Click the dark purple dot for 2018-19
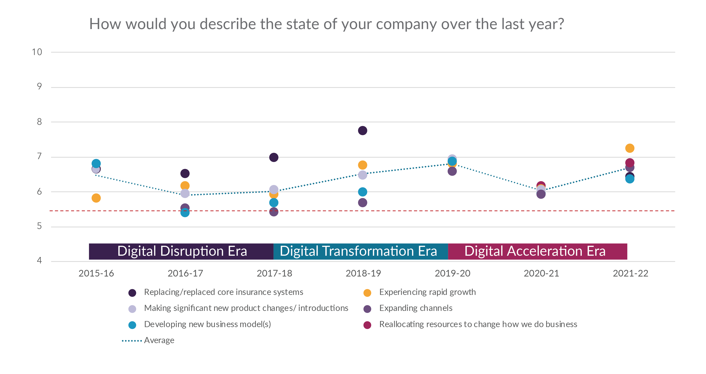tap(362, 131)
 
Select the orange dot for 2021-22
tap(630, 148)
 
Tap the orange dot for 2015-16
tap(96, 198)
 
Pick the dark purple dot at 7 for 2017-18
tap(273, 157)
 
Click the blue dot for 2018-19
tap(362, 192)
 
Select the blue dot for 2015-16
tap(96, 164)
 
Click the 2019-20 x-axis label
tap(452, 273)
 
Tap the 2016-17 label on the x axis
tap(185, 273)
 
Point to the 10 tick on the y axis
tap(37, 52)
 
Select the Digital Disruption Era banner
tap(182, 251)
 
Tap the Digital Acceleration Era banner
tap(535, 251)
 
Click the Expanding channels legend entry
tap(415, 308)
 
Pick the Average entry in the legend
tap(159, 341)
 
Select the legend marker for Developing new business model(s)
tap(132, 325)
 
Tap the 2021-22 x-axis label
tap(630, 273)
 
